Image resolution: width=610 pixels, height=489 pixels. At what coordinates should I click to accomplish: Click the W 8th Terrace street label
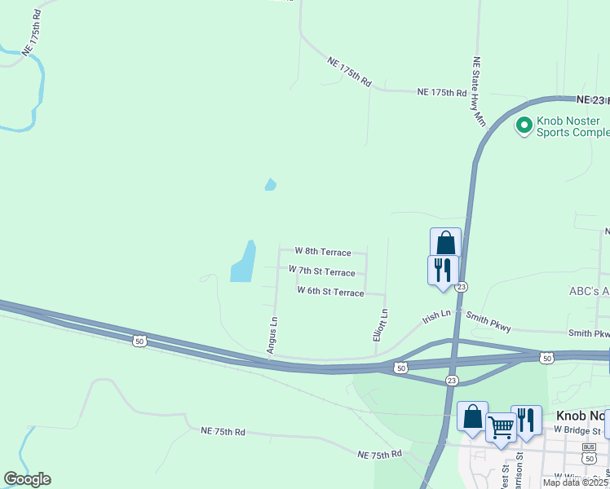pyautogui.click(x=322, y=252)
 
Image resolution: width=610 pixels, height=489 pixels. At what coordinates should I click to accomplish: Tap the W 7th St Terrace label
pyautogui.click(x=321, y=271)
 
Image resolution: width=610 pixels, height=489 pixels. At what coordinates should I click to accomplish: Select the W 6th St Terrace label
pyautogui.click(x=330, y=292)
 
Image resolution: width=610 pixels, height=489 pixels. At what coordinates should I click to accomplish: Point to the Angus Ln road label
pyautogui.click(x=273, y=335)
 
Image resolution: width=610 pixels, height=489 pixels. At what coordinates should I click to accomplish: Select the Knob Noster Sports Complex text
pyautogui.click(x=572, y=126)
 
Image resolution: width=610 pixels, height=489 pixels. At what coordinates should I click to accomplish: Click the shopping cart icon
pyautogui.click(x=501, y=426)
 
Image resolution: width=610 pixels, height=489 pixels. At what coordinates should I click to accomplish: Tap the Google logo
pyautogui.click(x=27, y=479)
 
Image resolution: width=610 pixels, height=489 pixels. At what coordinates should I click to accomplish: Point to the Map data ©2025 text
pyautogui.click(x=575, y=482)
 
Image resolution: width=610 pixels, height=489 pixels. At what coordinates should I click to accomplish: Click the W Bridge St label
pyautogui.click(x=577, y=430)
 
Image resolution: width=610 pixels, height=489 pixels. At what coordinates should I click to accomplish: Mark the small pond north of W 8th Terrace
pyautogui.click(x=270, y=185)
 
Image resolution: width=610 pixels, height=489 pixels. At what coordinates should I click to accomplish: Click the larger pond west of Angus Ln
pyautogui.click(x=243, y=262)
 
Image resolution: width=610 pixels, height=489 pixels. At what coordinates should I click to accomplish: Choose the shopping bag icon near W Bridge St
pyautogui.click(x=472, y=417)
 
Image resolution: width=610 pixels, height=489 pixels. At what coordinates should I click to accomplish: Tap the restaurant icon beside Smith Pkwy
pyautogui.click(x=443, y=269)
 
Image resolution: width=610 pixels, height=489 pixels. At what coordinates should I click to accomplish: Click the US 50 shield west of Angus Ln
pyautogui.click(x=140, y=341)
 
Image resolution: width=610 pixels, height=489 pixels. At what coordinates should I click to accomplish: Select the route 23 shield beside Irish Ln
pyautogui.click(x=462, y=287)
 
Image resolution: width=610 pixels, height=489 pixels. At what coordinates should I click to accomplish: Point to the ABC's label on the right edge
pyautogui.click(x=589, y=292)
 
